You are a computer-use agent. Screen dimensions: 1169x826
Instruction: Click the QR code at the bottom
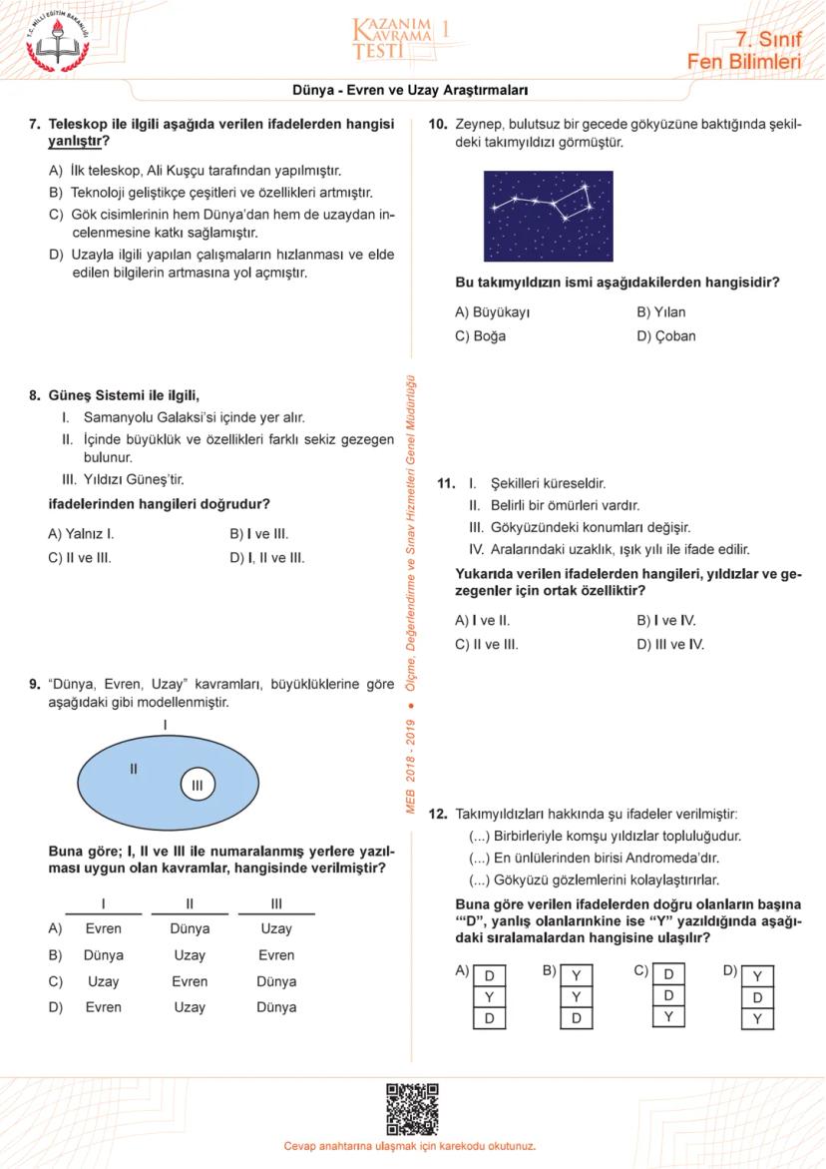pyautogui.click(x=412, y=1108)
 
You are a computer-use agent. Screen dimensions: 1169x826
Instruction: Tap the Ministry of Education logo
pyautogui.click(x=57, y=41)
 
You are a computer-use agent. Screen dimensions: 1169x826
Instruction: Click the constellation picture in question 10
pyautogui.click(x=548, y=217)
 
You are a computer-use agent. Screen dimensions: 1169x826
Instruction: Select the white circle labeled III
pyautogui.click(x=197, y=786)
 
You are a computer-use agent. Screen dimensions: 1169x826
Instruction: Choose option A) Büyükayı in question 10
pyautogui.click(x=492, y=312)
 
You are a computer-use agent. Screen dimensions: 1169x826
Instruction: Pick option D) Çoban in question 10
pyautogui.click(x=665, y=336)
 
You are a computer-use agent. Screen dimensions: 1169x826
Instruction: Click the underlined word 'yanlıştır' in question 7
pyautogui.click(x=76, y=141)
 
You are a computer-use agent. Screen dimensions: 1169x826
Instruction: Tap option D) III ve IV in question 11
pyautogui.click(x=669, y=645)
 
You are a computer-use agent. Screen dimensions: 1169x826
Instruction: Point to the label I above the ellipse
pyautogui.click(x=166, y=724)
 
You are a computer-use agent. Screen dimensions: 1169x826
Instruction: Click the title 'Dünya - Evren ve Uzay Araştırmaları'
pyautogui.click(x=410, y=90)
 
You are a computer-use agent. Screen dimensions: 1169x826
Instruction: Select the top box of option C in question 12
pyautogui.click(x=668, y=974)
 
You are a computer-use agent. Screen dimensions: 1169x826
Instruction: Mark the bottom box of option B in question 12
pyautogui.click(x=577, y=1018)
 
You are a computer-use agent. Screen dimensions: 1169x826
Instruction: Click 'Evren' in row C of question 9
pyautogui.click(x=190, y=981)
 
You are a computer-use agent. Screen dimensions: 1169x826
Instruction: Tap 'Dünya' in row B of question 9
pyautogui.click(x=104, y=955)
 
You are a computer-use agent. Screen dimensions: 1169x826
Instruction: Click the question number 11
pyautogui.click(x=446, y=484)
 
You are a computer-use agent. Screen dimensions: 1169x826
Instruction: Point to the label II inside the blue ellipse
pyautogui.click(x=133, y=769)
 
